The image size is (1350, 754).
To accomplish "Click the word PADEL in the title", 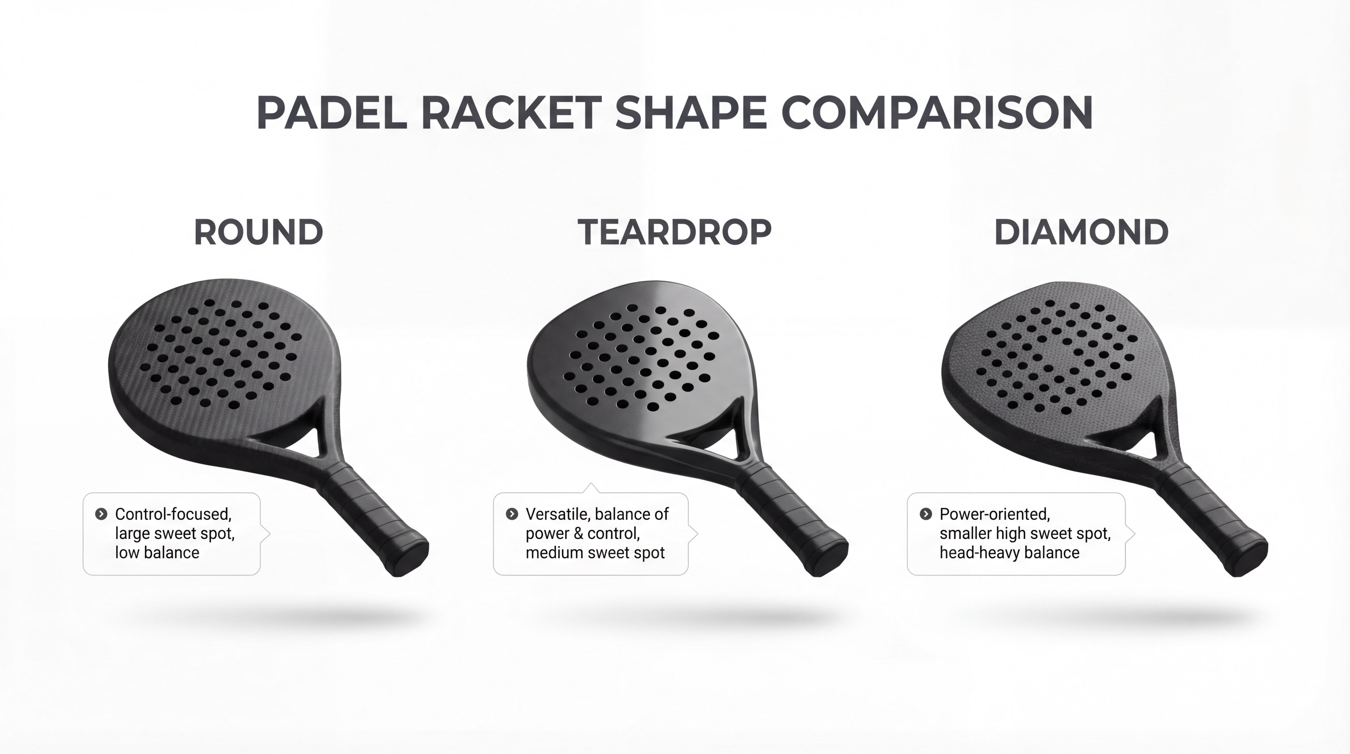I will (x=331, y=113).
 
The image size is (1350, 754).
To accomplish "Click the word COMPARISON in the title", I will (x=937, y=113).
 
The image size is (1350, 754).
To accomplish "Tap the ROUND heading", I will (x=258, y=232).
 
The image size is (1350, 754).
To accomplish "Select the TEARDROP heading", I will (x=674, y=232).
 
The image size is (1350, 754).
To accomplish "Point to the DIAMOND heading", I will (x=1081, y=232).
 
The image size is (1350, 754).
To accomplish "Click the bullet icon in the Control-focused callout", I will (x=101, y=514).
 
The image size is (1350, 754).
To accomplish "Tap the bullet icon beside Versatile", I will (x=512, y=514).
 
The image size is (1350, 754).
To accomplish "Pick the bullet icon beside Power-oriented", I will (x=925, y=514).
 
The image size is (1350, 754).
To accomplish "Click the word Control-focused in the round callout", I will (x=173, y=514).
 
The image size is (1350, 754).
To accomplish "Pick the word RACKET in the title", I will (x=511, y=113).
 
